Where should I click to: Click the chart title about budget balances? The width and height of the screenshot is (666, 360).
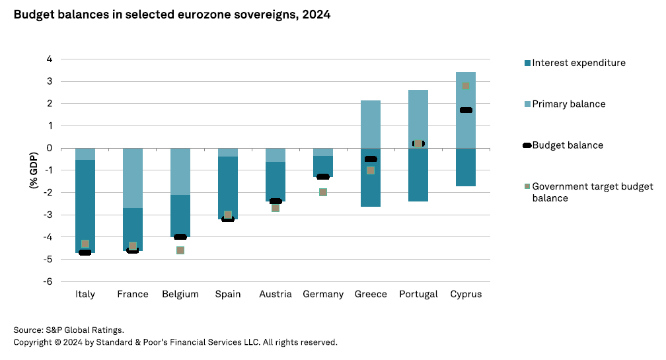(x=172, y=15)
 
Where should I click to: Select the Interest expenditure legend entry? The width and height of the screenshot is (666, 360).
(x=578, y=63)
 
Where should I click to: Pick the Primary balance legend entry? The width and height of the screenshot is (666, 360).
(x=568, y=104)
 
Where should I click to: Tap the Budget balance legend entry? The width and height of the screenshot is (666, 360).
(x=567, y=145)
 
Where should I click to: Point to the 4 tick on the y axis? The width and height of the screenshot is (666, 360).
(x=49, y=59)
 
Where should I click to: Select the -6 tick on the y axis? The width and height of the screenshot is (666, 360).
(x=48, y=281)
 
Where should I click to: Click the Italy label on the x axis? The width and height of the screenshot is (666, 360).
(x=85, y=294)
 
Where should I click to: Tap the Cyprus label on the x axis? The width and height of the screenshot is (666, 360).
(x=466, y=294)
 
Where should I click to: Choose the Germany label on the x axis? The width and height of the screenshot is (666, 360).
(x=323, y=294)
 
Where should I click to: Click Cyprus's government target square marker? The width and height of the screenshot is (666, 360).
(x=466, y=86)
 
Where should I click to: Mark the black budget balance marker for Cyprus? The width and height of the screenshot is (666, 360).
(x=466, y=110)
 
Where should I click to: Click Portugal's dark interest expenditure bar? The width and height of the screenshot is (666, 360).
(x=418, y=174)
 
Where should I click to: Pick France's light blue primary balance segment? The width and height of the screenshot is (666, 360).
(x=133, y=178)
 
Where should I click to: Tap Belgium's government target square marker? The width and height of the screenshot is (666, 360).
(x=180, y=250)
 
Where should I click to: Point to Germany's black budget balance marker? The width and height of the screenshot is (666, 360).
(x=323, y=177)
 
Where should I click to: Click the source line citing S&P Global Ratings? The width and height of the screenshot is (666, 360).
(x=69, y=330)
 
